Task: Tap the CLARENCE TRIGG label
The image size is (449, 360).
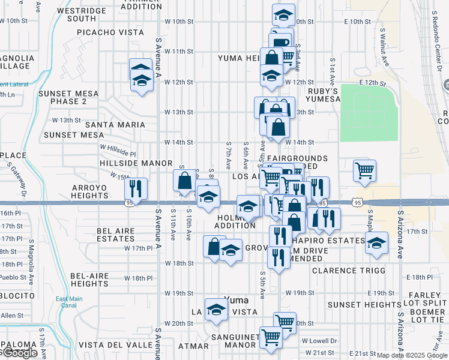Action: tap(348, 271)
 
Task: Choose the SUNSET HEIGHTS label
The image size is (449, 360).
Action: tap(360, 305)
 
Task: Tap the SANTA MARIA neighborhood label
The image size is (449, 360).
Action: tap(115, 125)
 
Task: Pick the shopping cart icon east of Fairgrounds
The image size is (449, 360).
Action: tap(364, 170)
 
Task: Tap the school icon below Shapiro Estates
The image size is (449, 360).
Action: tap(376, 243)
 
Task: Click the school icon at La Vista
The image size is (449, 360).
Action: tap(216, 310)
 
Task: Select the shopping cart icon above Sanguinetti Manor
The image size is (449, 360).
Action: tap(285, 323)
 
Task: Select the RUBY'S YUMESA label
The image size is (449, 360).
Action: tap(323, 95)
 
